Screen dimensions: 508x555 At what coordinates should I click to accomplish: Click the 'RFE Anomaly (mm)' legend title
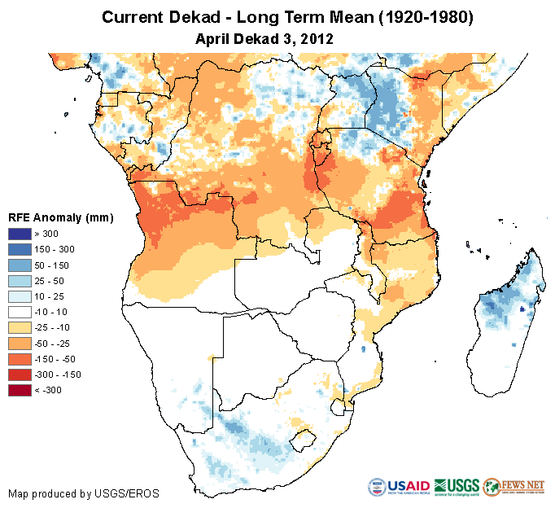tap(60, 217)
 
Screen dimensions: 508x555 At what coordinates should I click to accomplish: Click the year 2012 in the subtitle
tap(319, 38)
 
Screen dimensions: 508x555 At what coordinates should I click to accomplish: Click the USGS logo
tap(456, 486)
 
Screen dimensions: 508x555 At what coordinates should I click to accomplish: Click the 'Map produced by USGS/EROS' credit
tap(83, 493)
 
